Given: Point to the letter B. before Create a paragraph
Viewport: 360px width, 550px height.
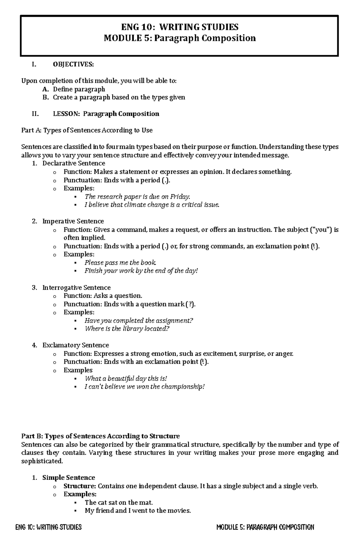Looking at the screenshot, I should [45, 97].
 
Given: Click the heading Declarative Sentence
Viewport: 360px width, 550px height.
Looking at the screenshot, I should [74, 163].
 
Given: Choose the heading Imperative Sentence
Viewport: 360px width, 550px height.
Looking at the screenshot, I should [73, 221].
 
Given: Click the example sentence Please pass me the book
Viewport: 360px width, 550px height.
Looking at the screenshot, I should [120, 263].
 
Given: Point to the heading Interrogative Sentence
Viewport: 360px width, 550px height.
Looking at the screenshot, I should [76, 288].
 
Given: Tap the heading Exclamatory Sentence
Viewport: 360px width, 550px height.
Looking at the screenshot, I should [76, 345].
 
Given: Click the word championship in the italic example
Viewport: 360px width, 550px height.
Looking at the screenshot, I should [182, 387].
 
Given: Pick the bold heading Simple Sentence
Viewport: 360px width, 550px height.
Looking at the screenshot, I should [69, 477].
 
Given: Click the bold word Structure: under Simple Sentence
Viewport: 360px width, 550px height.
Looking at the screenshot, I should [79, 486].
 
